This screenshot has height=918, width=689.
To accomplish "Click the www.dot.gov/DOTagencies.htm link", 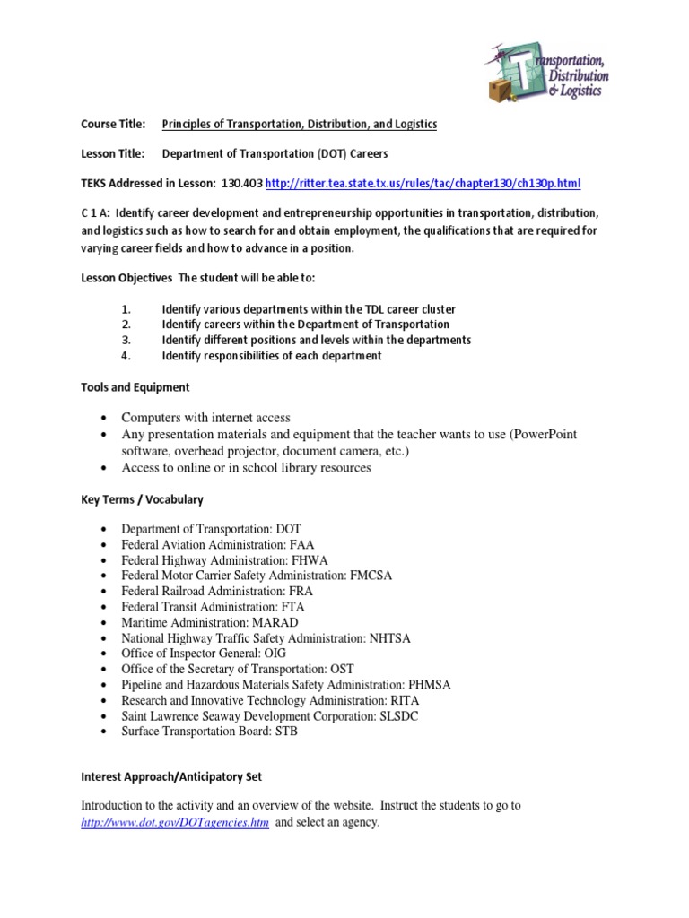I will coord(175,822).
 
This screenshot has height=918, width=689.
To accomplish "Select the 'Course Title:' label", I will coord(113,125).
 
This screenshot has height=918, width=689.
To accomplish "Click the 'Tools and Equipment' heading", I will coord(135,387).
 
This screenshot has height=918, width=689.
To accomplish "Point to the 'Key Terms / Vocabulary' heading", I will coord(142,499).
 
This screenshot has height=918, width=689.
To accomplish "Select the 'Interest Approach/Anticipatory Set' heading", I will coord(171,776).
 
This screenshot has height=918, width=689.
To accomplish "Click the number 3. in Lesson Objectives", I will coord(126,341).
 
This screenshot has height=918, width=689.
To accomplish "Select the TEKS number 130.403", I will coord(244,184).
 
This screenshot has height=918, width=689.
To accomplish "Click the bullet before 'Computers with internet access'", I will coord(106,419).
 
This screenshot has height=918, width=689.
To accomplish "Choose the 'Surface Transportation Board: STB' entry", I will coord(209,731).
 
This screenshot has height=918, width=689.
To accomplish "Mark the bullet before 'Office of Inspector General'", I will coord(106,654).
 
